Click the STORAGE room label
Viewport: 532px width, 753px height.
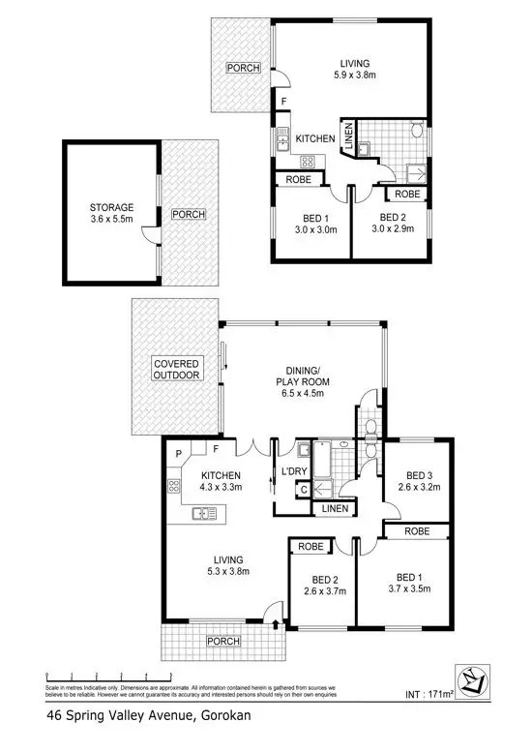112,207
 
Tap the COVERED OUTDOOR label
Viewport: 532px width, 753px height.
176,369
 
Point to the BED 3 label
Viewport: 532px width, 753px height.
419,475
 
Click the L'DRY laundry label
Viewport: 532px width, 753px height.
293,471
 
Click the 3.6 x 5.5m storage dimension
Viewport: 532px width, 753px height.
112,220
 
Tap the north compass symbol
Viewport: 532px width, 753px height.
471,679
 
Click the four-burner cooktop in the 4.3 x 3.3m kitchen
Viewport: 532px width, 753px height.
176,488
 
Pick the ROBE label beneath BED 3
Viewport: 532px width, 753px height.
417,531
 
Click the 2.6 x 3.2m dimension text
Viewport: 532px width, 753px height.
419,489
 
